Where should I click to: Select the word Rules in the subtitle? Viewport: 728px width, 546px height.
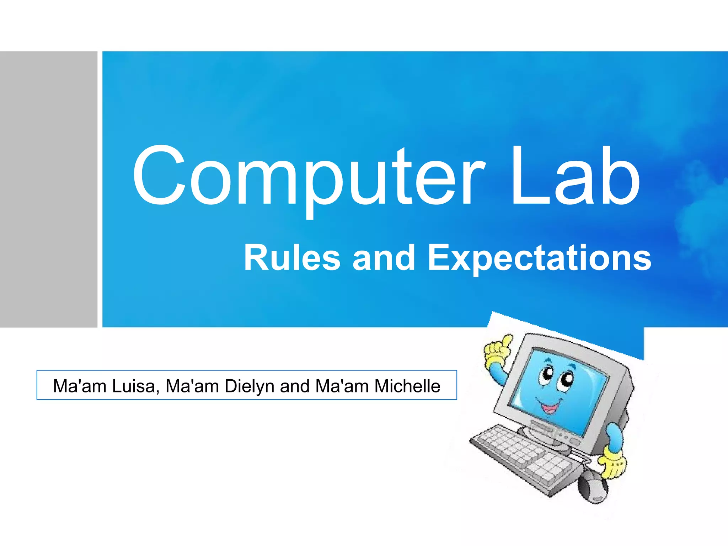pyautogui.click(x=292, y=257)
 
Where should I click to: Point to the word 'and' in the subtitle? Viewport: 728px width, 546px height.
pyautogui.click(x=384, y=257)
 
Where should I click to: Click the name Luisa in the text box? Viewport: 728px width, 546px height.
pyautogui.click(x=134, y=386)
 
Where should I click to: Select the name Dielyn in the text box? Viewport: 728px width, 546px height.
pyautogui.click(x=249, y=387)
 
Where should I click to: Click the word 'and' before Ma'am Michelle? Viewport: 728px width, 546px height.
pyautogui.click(x=295, y=386)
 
